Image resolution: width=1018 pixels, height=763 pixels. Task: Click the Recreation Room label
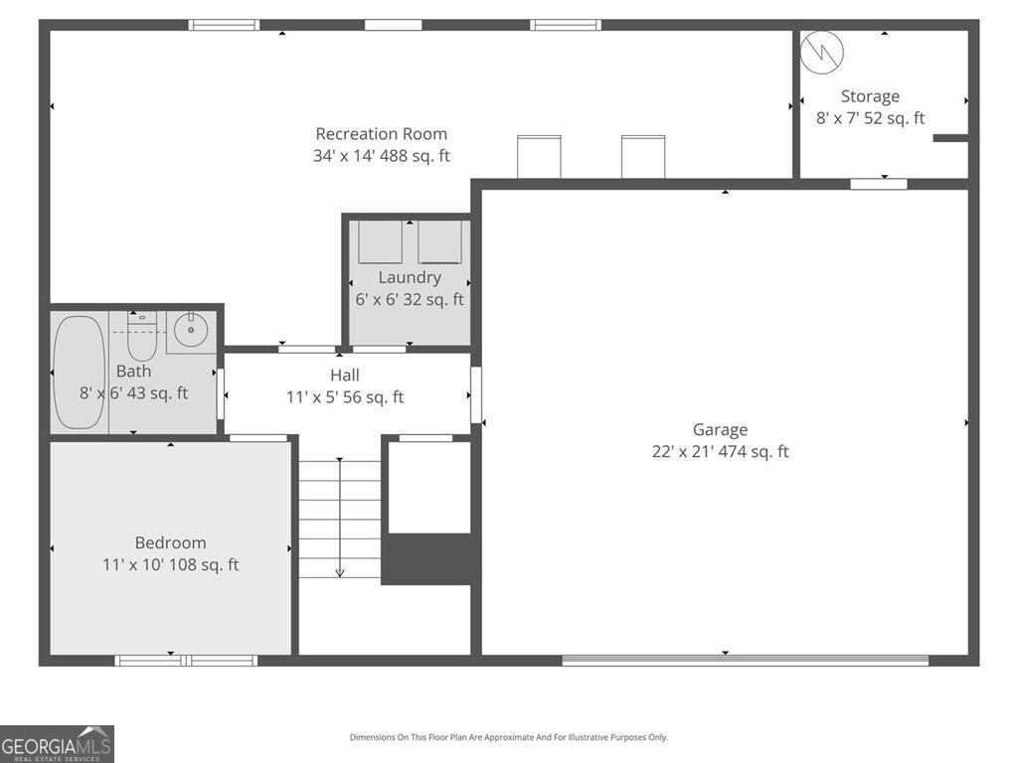point(382,134)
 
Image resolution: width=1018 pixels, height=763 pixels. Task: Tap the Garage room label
point(720,430)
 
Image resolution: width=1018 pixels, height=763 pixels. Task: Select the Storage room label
point(870,96)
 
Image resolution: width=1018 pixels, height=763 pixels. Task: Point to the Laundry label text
point(409,278)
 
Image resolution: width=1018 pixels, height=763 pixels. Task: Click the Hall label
point(345,376)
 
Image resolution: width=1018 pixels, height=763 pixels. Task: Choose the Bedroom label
point(171,542)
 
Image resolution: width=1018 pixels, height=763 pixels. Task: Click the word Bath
point(133,372)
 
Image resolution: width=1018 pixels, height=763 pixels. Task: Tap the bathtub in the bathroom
point(79,373)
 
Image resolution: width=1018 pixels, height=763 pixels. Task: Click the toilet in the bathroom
point(142,338)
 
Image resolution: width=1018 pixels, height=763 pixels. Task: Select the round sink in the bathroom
point(189,327)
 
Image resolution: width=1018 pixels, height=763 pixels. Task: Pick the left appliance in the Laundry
point(380,242)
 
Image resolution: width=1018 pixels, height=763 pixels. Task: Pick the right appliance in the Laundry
point(439,242)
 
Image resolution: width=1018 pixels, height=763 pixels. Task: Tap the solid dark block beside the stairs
point(426,558)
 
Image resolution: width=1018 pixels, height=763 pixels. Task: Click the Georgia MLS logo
point(57,744)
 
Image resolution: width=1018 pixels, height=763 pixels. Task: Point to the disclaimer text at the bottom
point(508,737)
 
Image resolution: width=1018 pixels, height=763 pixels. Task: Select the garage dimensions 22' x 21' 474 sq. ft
point(720,452)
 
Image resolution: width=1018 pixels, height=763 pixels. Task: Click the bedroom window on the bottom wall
point(186,661)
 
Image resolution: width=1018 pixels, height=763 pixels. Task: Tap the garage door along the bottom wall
point(745,660)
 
